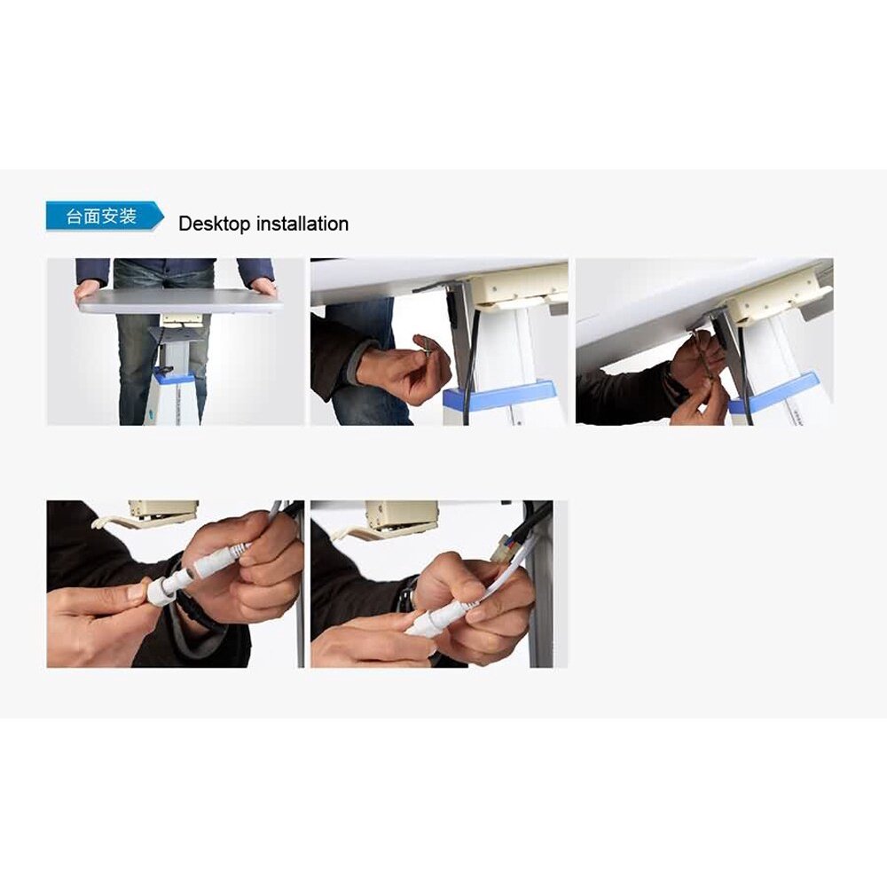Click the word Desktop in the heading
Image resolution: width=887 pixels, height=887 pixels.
pyautogui.click(x=215, y=224)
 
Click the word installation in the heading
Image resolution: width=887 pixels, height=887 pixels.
pyautogui.click(x=302, y=224)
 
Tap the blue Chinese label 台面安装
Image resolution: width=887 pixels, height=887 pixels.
pyautogui.click(x=101, y=216)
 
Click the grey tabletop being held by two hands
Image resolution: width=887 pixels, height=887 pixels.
pyautogui.click(x=180, y=301)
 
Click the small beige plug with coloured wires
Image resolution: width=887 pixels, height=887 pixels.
pyautogui.click(x=502, y=553)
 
